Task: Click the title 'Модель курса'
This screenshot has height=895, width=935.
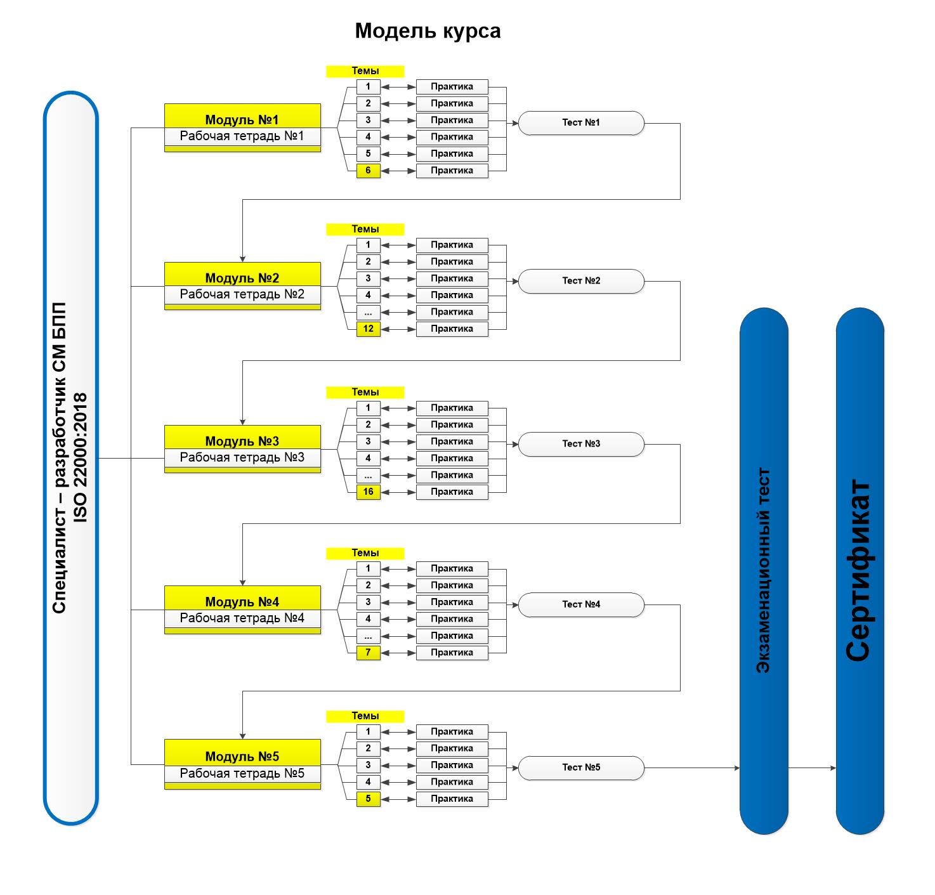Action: pyautogui.click(x=428, y=31)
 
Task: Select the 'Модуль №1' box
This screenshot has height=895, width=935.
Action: pyautogui.click(x=242, y=119)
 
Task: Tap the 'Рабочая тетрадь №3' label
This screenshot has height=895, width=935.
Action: pyautogui.click(x=242, y=457)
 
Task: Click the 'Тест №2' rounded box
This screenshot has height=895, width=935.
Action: pyautogui.click(x=580, y=281)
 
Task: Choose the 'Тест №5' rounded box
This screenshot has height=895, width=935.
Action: pyautogui.click(x=580, y=768)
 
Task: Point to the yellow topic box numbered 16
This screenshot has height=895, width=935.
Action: pyautogui.click(x=368, y=492)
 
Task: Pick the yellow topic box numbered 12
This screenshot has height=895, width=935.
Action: pyautogui.click(x=368, y=329)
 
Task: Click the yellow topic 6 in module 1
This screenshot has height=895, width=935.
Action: pyautogui.click(x=368, y=171)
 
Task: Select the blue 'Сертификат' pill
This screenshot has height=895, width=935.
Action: pyautogui.click(x=860, y=571)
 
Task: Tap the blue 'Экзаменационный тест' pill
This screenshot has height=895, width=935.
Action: pyautogui.click(x=764, y=571)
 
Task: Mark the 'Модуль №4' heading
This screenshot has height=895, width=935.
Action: pyautogui.click(x=242, y=601)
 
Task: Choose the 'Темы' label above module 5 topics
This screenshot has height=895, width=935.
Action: pyautogui.click(x=365, y=716)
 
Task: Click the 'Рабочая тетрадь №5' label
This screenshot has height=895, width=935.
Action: pyautogui.click(x=242, y=773)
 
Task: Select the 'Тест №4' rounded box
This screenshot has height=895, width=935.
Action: pyautogui.click(x=580, y=604)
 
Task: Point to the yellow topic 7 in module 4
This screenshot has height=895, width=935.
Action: pyautogui.click(x=368, y=652)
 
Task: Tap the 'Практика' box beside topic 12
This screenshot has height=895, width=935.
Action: pyautogui.click(x=452, y=329)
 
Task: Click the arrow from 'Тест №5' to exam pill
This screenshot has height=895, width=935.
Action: pyautogui.click(x=691, y=768)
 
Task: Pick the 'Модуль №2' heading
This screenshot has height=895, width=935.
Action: pyautogui.click(x=242, y=278)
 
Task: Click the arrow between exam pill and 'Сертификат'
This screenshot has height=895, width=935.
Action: pyautogui.click(x=812, y=768)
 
